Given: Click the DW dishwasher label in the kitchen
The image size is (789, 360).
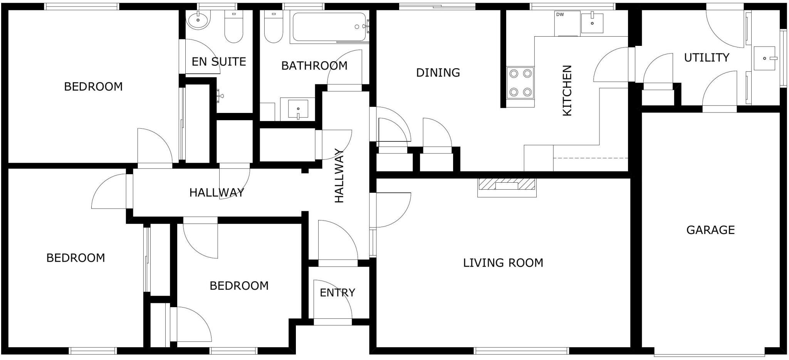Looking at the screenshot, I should coord(560,15).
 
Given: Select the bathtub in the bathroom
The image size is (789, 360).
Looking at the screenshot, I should coord(329,27).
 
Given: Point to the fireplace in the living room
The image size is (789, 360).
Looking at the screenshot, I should coord(507,186).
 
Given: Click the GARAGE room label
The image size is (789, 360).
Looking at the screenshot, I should coord(710,230).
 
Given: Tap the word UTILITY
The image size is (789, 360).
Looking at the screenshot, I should coord(707,58).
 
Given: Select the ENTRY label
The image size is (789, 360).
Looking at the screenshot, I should coord(337,293).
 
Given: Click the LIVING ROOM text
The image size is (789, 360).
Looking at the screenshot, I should coord(503,263).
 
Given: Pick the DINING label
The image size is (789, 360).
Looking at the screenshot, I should coord(438,72).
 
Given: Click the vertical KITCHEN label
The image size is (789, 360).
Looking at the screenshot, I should coord(567,91).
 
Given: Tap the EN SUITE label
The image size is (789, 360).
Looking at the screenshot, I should coord(218,62).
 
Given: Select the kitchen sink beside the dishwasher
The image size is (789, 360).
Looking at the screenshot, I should coord(592,23).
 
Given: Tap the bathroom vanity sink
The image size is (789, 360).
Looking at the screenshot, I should coord(298,109).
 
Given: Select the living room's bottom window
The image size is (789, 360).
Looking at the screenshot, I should coord(521,351).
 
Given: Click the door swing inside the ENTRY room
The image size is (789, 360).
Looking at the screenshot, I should coord(331,301).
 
